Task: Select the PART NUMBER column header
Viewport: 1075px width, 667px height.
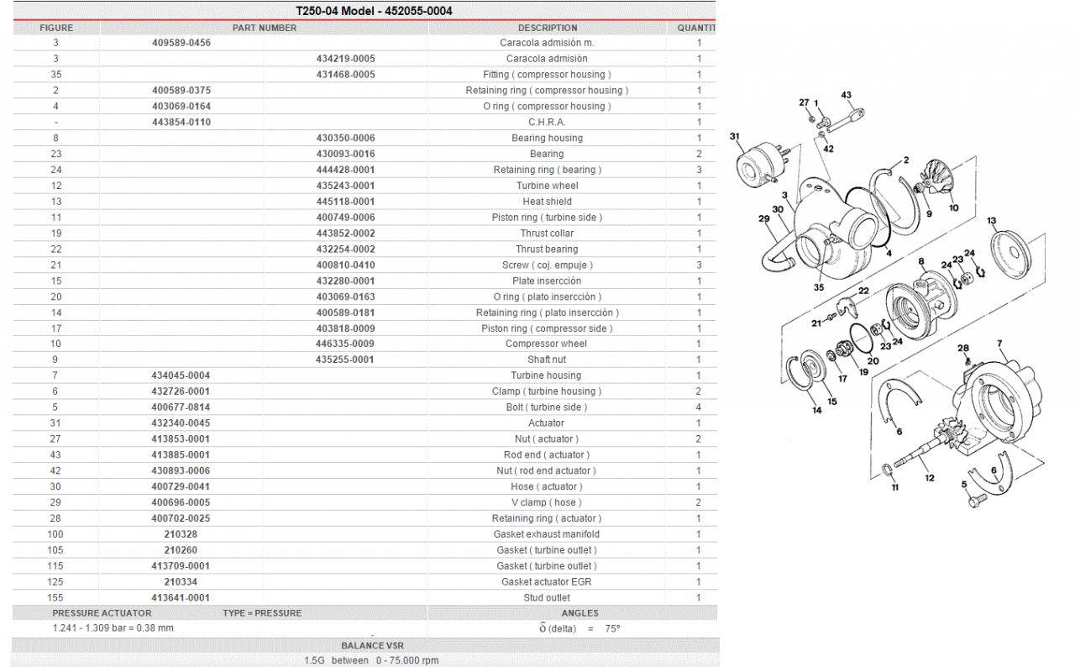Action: (264, 28)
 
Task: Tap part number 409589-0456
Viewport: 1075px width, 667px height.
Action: (181, 43)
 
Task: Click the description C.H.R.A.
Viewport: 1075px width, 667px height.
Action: (547, 123)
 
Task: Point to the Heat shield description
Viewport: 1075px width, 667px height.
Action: (547, 202)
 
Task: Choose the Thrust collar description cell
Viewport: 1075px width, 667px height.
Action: (547, 234)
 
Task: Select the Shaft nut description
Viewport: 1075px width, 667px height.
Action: (547, 360)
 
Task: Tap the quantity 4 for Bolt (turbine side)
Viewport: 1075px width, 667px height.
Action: (699, 407)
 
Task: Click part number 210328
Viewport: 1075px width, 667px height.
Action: (181, 534)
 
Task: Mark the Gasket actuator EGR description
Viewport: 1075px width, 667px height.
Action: (547, 582)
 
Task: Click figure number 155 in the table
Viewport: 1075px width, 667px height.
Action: (55, 598)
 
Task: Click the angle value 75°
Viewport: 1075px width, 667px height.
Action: (612, 628)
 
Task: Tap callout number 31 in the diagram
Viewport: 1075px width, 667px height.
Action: (735, 135)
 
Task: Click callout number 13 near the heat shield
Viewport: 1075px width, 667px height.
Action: (992, 221)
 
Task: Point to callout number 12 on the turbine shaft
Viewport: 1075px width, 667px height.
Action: (930, 477)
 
